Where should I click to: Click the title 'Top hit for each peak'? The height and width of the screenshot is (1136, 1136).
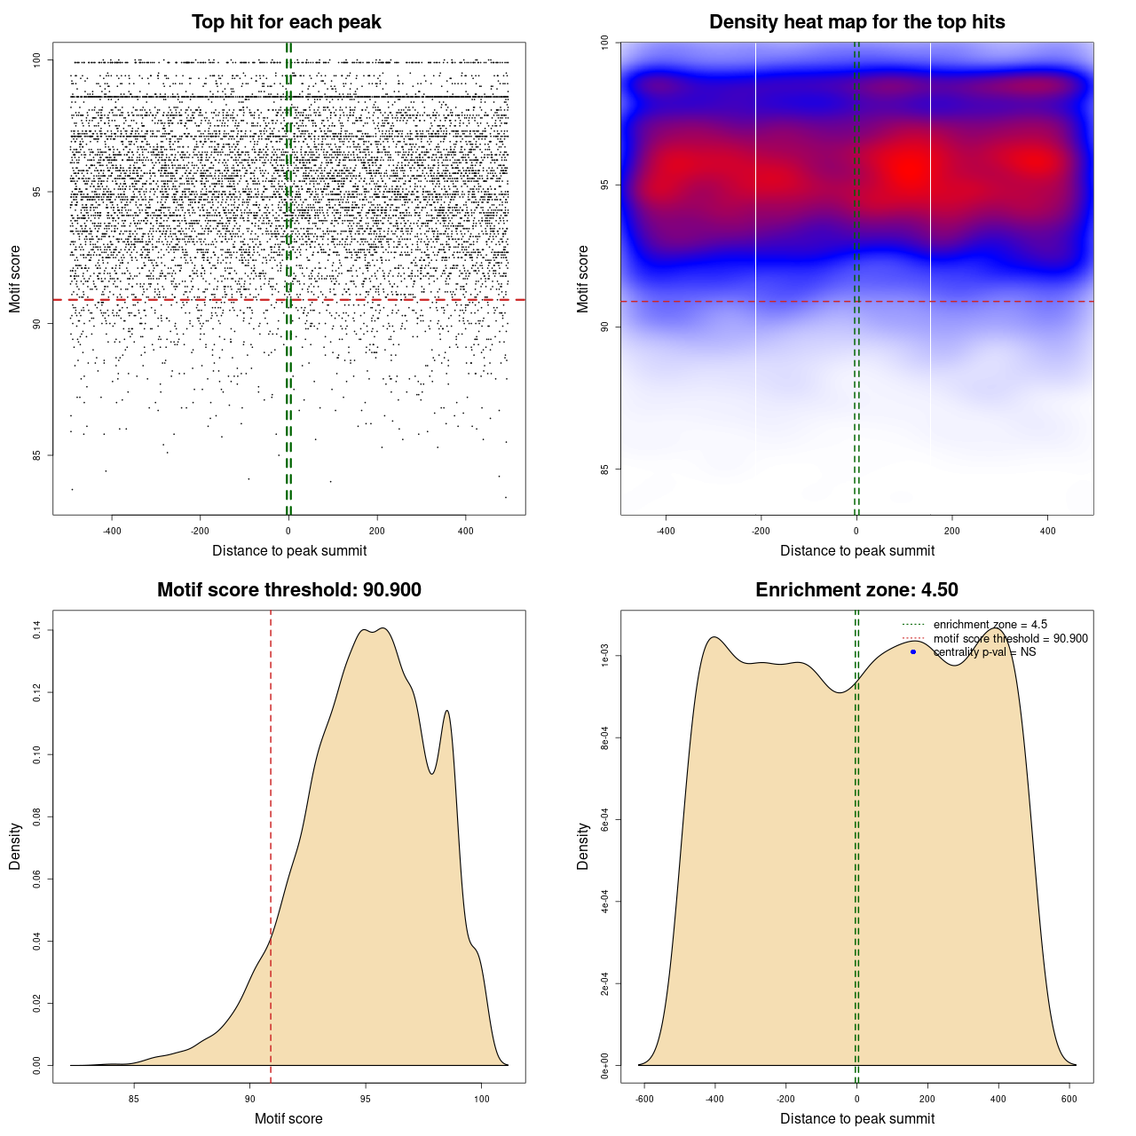[x=286, y=22]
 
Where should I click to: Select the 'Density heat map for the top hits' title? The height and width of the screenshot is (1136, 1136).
[x=856, y=22]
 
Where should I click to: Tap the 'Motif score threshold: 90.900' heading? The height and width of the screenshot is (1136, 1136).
[x=288, y=590]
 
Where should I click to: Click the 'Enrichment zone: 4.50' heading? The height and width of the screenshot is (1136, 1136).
[x=856, y=590]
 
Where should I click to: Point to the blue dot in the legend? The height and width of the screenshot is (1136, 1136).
[x=913, y=652]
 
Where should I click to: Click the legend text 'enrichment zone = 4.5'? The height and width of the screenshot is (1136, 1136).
[x=990, y=625]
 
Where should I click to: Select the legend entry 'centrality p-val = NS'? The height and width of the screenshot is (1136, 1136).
[x=984, y=652]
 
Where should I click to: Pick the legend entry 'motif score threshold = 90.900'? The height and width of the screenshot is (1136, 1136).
[x=1010, y=639]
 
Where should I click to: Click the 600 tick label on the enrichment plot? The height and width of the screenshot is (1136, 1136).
[x=1069, y=1099]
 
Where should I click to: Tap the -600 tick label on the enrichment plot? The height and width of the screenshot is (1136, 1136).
[x=644, y=1099]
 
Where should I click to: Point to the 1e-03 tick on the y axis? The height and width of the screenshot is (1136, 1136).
[x=604, y=656]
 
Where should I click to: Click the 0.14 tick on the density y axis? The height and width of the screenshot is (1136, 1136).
[x=36, y=630]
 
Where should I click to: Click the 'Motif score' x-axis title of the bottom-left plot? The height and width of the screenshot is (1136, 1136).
[x=288, y=1118]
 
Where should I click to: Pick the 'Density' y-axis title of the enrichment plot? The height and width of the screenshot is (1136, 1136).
[x=583, y=846]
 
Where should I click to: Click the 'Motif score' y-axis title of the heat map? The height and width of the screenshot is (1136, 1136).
[x=583, y=279]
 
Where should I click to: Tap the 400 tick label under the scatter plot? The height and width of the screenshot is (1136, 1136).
[x=465, y=531]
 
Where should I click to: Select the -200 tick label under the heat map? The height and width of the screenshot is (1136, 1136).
[x=761, y=531]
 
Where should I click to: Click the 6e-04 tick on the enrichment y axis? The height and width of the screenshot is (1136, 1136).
[x=604, y=820]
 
